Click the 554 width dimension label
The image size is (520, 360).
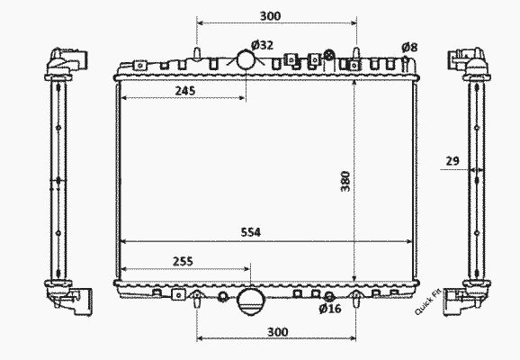click(x=251, y=232)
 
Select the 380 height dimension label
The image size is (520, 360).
click(x=345, y=181)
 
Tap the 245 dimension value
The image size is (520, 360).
click(x=185, y=91)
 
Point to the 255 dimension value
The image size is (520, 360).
click(x=183, y=262)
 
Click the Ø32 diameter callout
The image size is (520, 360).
click(x=262, y=45)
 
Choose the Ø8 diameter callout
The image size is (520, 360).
click(x=409, y=48)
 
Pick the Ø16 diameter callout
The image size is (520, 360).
click(x=330, y=309)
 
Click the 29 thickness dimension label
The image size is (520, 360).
click(x=453, y=161)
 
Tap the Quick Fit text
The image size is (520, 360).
click(x=428, y=301)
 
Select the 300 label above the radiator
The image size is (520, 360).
click(x=270, y=16)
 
